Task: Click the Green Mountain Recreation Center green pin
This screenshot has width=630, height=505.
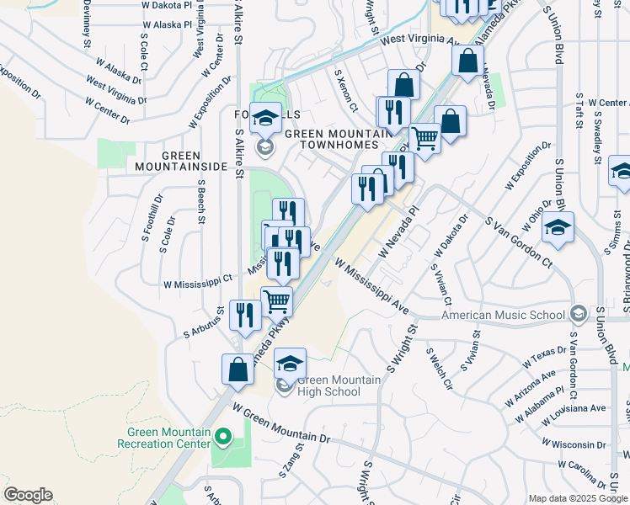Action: (223, 436)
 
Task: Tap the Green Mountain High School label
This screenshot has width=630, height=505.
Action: (328, 386)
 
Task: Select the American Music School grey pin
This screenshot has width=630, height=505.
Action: (578, 315)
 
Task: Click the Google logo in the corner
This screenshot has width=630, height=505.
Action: (28, 495)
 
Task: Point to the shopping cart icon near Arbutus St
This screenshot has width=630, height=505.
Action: (277, 301)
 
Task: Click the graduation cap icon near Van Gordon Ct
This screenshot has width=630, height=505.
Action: (558, 229)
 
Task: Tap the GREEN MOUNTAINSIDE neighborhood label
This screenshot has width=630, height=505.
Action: (182, 161)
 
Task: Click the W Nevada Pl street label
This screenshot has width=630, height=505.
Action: (398, 233)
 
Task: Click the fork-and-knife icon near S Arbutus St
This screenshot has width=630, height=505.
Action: (244, 316)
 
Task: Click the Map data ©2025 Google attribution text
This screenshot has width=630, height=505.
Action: (578, 497)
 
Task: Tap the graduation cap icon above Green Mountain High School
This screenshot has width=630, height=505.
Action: (290, 363)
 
